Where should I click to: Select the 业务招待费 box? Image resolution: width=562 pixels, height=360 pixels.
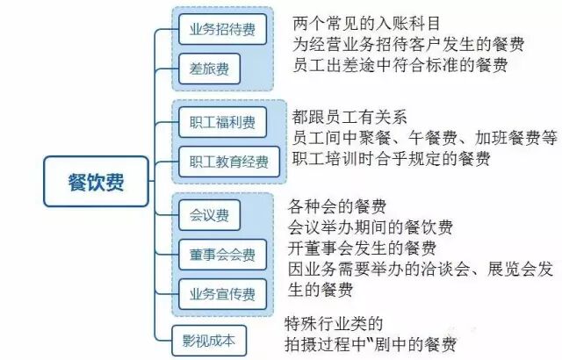click(x=222, y=30)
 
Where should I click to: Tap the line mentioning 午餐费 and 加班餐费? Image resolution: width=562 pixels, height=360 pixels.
click(x=425, y=138)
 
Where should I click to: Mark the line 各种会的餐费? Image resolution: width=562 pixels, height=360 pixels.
click(x=337, y=207)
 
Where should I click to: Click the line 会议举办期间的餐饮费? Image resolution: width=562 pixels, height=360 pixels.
click(x=371, y=228)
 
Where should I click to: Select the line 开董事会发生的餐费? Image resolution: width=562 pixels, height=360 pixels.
click(x=362, y=248)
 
